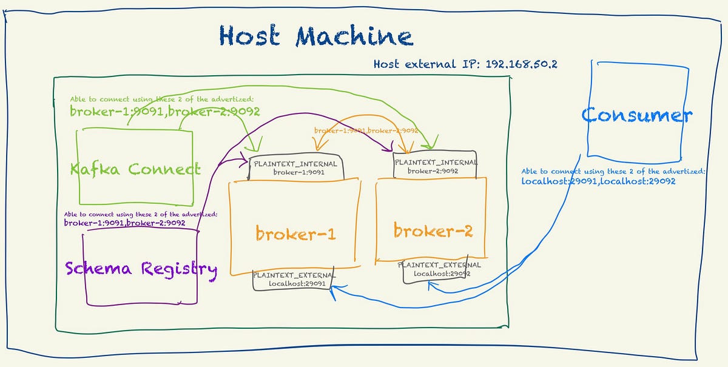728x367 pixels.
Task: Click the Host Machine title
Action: click(315, 36)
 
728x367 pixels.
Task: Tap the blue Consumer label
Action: click(636, 115)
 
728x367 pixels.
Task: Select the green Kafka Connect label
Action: click(135, 169)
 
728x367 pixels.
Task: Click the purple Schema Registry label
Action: click(140, 268)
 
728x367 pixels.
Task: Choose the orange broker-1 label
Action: click(295, 234)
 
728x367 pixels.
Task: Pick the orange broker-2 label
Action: click(433, 231)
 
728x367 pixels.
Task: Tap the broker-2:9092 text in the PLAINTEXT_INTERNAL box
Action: click(433, 171)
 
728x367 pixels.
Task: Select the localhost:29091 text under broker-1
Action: click(294, 283)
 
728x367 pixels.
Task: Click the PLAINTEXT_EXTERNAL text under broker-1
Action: click(294, 275)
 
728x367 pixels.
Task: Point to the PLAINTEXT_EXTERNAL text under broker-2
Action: click(440, 264)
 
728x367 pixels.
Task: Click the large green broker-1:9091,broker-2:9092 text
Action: click(165, 112)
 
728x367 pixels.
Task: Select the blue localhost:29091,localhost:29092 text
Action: click(598, 181)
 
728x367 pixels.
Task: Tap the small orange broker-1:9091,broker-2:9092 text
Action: click(366, 130)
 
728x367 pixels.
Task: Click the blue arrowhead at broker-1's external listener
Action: click(334, 291)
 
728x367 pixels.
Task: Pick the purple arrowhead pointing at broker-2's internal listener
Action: click(388, 149)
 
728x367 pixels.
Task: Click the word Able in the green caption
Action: click(78, 99)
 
